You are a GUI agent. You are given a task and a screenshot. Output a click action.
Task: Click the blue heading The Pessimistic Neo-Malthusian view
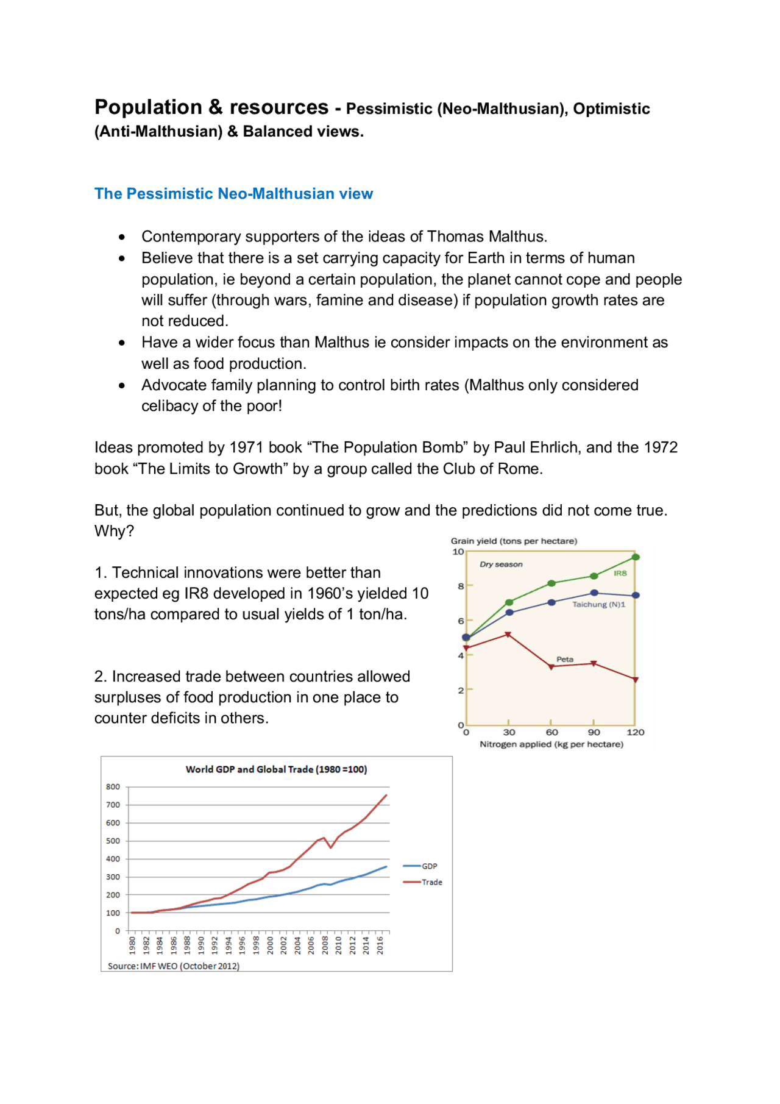(233, 194)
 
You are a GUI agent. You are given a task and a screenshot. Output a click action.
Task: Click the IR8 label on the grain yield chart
(620, 573)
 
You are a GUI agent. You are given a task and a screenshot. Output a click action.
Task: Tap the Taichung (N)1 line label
(598, 604)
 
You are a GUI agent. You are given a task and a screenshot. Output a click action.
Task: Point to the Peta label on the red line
(565, 659)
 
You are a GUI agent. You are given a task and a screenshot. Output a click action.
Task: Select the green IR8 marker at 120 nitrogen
(636, 557)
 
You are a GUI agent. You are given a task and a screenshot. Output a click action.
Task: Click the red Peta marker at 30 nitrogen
(508, 635)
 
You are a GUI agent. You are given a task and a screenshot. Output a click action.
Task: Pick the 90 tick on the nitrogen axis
(594, 732)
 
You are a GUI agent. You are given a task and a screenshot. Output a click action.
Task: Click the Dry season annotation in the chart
(501, 564)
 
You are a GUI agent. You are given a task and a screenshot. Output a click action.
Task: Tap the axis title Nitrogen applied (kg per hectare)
(551, 744)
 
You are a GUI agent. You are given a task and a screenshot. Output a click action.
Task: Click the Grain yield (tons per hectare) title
(514, 541)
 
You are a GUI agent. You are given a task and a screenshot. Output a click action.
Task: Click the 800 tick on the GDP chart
(113, 787)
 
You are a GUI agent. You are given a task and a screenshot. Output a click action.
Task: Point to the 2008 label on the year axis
(325, 946)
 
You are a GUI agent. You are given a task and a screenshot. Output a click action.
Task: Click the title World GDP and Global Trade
(276, 769)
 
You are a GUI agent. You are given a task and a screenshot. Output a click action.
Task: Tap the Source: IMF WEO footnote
(174, 966)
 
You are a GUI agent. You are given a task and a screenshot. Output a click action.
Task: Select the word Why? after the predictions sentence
(114, 531)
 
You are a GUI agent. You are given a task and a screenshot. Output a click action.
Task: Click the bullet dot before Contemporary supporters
(122, 237)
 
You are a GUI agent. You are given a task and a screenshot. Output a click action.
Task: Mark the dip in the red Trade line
(331, 847)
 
